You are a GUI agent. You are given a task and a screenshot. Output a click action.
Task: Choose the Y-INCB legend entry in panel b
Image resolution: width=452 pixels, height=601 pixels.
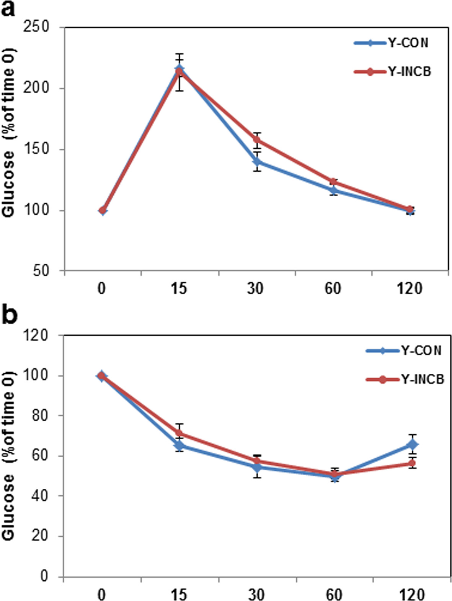405,379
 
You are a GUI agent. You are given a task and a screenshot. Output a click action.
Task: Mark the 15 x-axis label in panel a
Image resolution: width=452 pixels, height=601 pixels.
179,288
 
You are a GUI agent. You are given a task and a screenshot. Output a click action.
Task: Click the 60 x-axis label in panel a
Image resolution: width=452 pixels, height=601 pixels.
333,288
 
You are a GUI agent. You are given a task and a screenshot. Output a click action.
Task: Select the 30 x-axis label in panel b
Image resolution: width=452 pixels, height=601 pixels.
256,594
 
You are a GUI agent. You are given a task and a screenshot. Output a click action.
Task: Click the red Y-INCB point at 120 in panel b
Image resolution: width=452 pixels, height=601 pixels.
412,463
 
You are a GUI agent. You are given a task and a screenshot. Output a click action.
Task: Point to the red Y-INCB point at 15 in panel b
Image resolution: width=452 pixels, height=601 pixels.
179,434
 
